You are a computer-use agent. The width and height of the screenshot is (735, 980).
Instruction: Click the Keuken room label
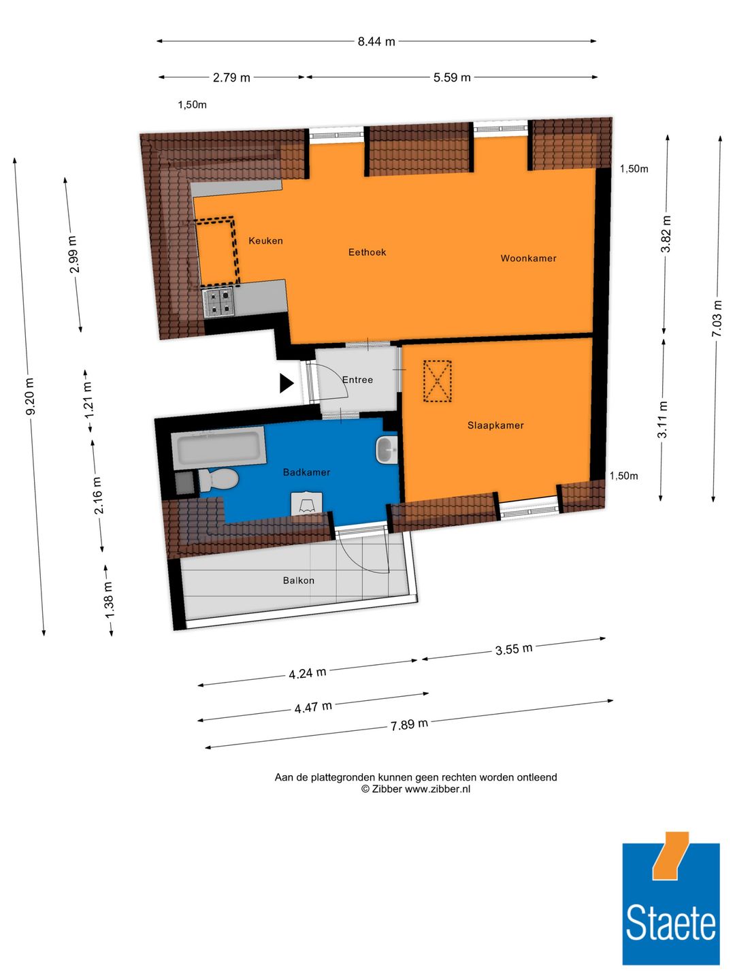265,241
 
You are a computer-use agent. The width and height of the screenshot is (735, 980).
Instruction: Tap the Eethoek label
367,252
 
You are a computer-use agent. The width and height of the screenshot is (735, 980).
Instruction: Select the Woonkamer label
528,259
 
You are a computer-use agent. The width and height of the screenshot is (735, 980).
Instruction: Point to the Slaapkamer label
495,425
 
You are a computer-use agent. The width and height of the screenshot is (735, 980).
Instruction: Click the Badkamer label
306,472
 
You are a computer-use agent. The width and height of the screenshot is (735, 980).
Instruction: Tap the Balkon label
299,581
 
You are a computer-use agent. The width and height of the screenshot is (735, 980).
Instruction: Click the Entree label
357,380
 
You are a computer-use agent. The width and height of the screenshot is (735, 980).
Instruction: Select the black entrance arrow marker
286,384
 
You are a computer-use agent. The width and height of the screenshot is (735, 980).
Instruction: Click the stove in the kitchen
219,302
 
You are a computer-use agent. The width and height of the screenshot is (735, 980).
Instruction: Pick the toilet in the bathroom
219,480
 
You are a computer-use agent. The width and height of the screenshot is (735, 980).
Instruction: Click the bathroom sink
386,450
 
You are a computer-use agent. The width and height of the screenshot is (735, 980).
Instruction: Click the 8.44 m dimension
376,42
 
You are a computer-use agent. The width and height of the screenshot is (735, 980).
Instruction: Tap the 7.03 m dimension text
716,318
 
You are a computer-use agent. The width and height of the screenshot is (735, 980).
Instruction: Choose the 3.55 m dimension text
514,649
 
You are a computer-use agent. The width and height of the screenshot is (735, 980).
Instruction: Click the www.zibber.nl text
438,789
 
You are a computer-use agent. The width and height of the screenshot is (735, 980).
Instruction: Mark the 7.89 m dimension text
409,725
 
